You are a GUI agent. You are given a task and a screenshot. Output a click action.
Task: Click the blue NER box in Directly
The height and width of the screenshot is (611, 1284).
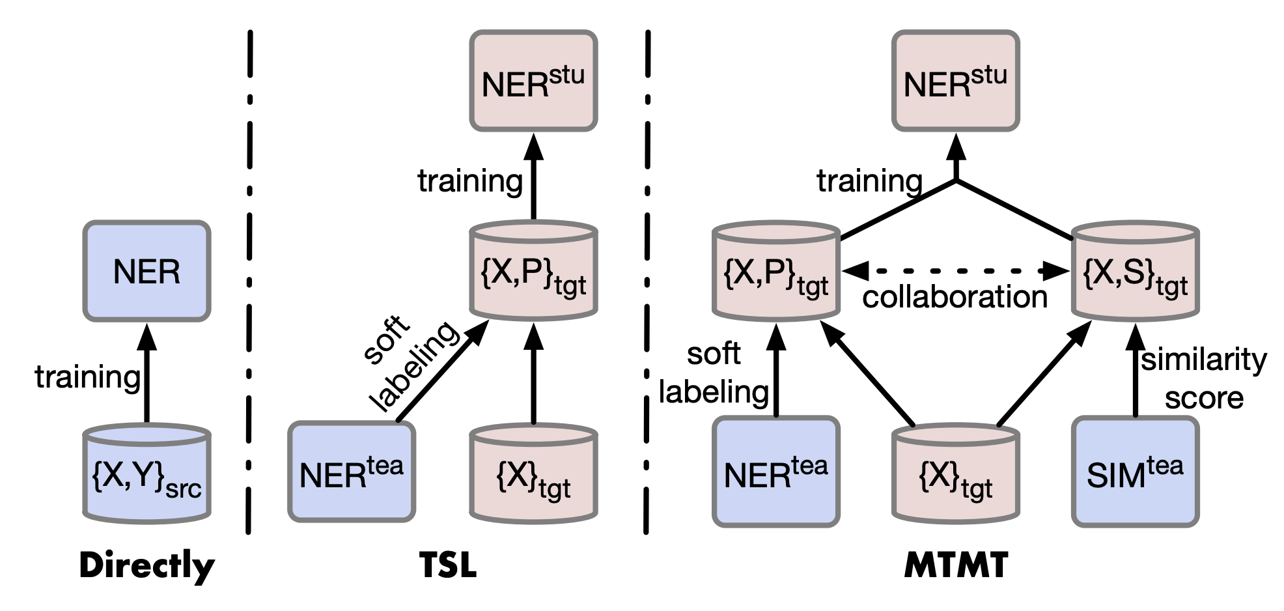147,271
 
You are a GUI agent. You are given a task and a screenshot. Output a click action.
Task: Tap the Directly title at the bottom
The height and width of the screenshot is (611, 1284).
147,565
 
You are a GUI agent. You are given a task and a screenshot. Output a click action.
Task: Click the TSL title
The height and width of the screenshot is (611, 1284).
448,565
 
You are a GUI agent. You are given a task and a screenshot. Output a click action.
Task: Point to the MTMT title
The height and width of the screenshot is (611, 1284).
956,565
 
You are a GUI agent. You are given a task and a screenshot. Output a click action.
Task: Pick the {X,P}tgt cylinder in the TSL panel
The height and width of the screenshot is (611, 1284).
533,272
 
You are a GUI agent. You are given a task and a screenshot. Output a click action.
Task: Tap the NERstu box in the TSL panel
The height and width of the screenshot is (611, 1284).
533,81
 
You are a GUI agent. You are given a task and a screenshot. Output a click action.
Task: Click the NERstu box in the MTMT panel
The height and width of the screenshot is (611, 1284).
955,81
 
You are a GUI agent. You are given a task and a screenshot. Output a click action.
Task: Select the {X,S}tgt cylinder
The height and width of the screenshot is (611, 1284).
1135,272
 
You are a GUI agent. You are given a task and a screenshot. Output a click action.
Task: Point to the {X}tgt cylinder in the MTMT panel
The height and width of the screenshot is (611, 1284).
955,476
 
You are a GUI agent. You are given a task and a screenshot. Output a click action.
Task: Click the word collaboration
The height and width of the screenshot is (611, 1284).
955,298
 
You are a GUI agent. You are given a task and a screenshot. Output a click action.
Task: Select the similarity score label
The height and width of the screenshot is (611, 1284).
1203,378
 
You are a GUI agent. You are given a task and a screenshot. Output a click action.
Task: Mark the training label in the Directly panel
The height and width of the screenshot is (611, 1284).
87,377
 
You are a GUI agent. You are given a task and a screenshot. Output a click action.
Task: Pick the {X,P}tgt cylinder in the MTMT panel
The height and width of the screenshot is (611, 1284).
775,272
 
